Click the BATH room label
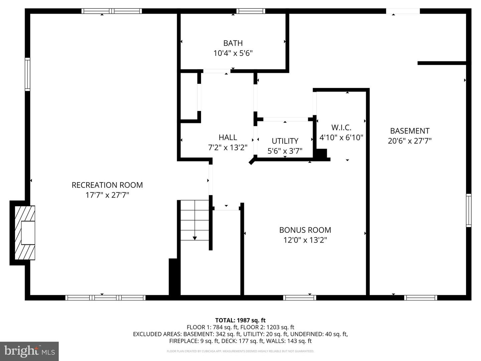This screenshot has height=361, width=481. point(233,43)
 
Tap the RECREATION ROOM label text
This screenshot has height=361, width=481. point(107,185)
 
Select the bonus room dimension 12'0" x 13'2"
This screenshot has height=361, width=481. point(305,240)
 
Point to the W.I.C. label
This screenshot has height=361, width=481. point(341,127)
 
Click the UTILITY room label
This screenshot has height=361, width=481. point(285,141)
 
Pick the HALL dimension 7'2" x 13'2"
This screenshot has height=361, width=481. point(228,147)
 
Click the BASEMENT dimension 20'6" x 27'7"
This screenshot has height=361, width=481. point(410,141)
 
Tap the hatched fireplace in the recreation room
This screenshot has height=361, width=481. point(25,233)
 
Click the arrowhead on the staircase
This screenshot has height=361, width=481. point(195,238)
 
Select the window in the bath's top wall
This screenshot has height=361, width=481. point(251,11)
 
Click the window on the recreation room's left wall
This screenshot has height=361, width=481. point(27,74)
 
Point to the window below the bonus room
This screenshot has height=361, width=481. point(300,297)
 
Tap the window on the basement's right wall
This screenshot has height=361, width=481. point(469,211)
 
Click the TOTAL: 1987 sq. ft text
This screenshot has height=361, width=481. point(240,320)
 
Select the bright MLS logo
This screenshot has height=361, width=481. point(29,351)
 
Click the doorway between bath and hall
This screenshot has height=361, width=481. point(217,71)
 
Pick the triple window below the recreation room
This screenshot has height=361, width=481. point(106,297)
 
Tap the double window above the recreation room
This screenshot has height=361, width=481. point(112,11)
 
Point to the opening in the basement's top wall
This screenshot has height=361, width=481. point(403,11)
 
